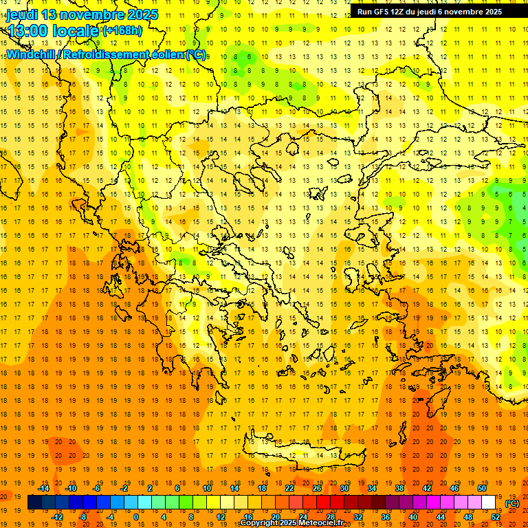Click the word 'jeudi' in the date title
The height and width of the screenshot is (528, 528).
(22, 14)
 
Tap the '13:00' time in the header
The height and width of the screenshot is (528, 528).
(26, 31)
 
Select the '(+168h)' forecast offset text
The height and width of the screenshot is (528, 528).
(122, 31)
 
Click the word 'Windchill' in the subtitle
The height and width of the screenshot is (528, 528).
(31, 54)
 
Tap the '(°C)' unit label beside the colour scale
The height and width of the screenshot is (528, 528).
(512, 503)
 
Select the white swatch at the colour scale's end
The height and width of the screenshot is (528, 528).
(489, 503)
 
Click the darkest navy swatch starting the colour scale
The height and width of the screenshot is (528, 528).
(34, 503)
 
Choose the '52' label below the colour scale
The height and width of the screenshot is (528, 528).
(495, 517)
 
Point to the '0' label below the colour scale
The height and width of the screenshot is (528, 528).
(135, 517)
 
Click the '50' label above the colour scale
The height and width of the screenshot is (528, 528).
(481, 488)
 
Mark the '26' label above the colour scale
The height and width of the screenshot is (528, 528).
(317, 488)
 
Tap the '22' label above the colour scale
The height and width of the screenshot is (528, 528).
(289, 488)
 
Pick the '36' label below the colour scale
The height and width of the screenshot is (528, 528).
(385, 517)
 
